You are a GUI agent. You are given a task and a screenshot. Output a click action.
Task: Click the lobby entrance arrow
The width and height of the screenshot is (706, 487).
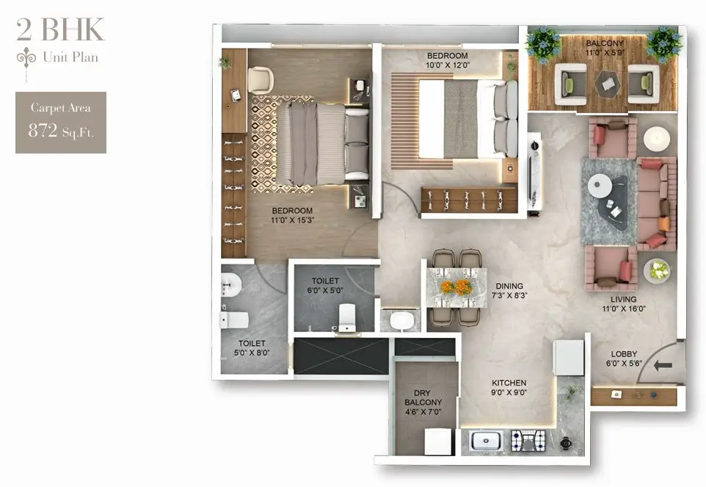click(662, 365)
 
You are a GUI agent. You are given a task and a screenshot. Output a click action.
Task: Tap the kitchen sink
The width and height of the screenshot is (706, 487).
click(485, 440)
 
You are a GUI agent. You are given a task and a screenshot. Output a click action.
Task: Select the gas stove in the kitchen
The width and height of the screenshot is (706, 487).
click(528, 441)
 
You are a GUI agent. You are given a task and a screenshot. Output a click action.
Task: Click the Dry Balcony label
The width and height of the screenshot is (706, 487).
click(423, 403)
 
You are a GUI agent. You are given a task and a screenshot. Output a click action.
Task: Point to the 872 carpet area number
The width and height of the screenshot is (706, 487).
click(43, 131)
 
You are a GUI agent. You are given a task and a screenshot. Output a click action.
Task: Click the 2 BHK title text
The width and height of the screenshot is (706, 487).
click(60, 29)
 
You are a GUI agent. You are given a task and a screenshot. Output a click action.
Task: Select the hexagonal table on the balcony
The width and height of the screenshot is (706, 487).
click(608, 83)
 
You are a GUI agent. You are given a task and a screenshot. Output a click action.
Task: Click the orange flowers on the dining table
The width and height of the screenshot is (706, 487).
click(456, 287)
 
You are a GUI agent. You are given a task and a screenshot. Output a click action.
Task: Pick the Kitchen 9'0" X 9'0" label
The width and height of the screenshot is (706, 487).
click(509, 387)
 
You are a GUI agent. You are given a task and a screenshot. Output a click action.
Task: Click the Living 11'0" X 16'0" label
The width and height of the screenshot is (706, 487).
click(624, 304)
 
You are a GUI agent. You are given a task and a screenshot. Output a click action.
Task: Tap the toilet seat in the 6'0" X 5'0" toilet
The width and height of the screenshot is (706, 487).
click(346, 317)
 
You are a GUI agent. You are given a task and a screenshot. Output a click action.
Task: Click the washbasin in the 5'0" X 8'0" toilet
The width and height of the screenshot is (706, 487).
click(231, 285)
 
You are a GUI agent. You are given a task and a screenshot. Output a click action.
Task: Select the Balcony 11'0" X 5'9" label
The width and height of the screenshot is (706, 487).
click(605, 48)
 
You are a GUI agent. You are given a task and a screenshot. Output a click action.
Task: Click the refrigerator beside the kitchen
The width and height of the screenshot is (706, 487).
click(568, 358)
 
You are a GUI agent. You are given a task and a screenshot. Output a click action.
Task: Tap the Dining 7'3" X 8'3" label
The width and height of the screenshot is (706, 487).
click(509, 291)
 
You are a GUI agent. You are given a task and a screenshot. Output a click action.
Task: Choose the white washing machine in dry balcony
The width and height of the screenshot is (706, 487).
click(437, 441)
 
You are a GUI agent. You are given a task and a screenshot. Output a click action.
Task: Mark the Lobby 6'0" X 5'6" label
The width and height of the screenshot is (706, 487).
click(624, 358)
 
